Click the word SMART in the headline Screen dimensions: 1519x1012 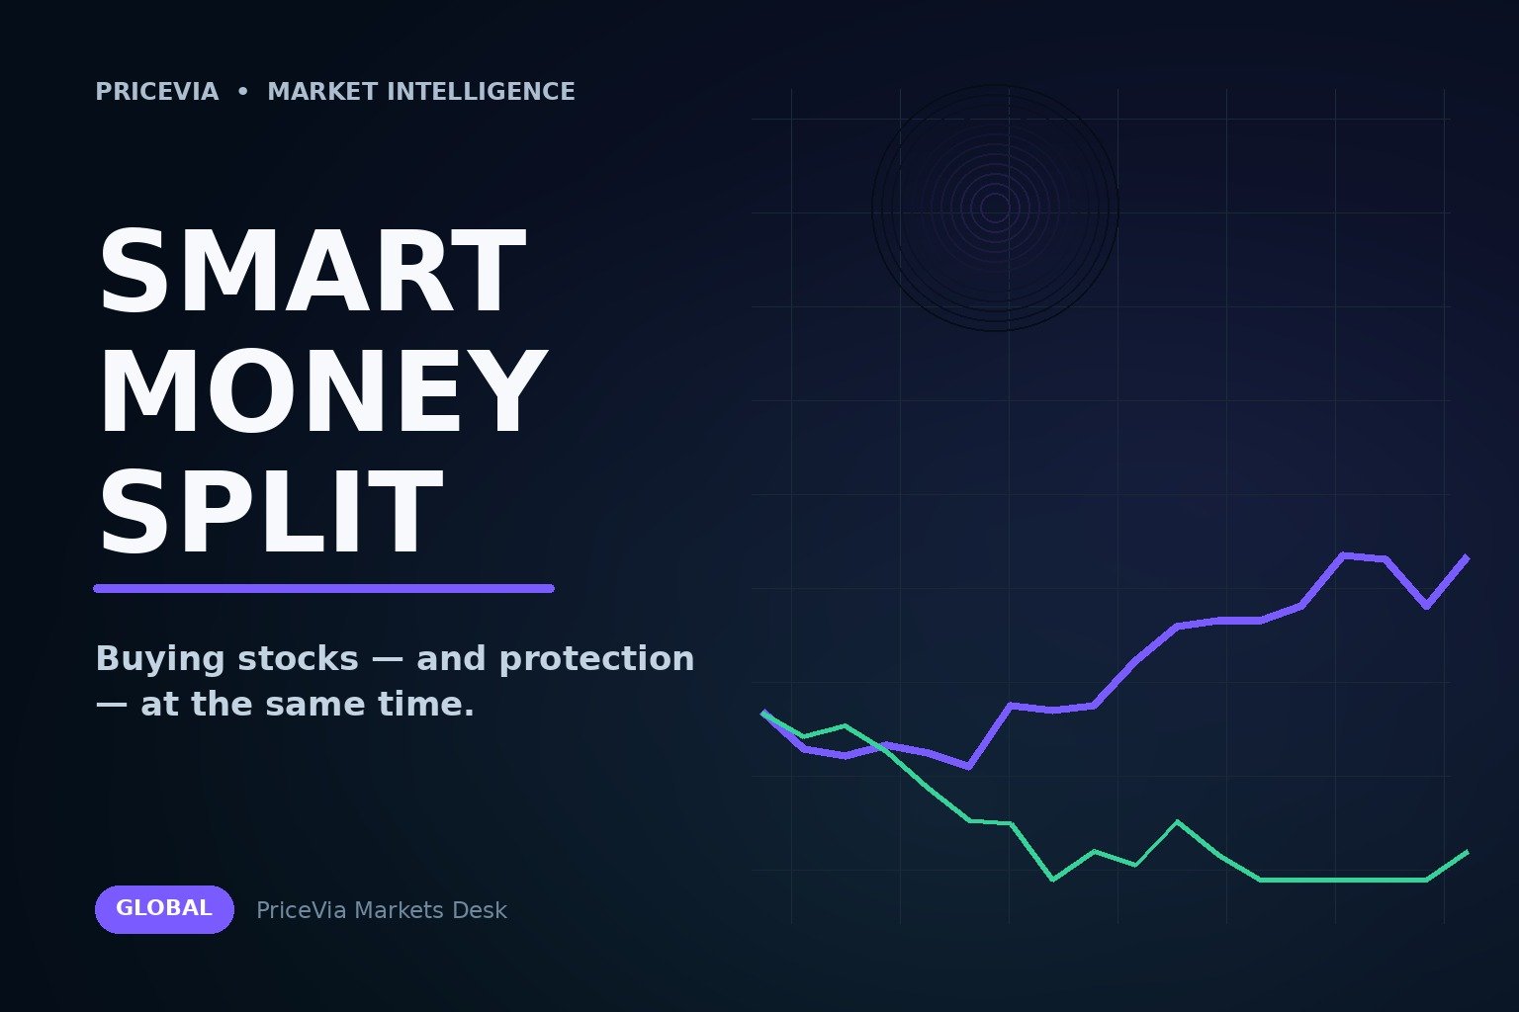coord(313,271)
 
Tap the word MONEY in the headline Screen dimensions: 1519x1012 coord(322,391)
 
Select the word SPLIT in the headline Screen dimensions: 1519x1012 coord(271,511)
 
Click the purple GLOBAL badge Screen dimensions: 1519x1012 coord(164,909)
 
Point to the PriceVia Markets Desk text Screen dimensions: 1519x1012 coord(381,910)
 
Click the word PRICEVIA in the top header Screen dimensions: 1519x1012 coord(156,92)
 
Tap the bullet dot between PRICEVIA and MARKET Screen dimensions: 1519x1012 coord(243,92)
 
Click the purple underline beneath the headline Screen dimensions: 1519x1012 coord(323,588)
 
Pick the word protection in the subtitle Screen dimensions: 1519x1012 coord(596,659)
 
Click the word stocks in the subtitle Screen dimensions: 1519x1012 coord(298,659)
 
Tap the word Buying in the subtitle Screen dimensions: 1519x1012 coord(160,659)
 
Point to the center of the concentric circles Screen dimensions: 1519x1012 coord(995,209)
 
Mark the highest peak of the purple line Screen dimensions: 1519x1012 coord(1343,555)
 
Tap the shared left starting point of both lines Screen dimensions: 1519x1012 coord(763,713)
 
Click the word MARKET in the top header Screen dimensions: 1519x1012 coord(322,92)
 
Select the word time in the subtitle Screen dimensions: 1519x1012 coord(425,705)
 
